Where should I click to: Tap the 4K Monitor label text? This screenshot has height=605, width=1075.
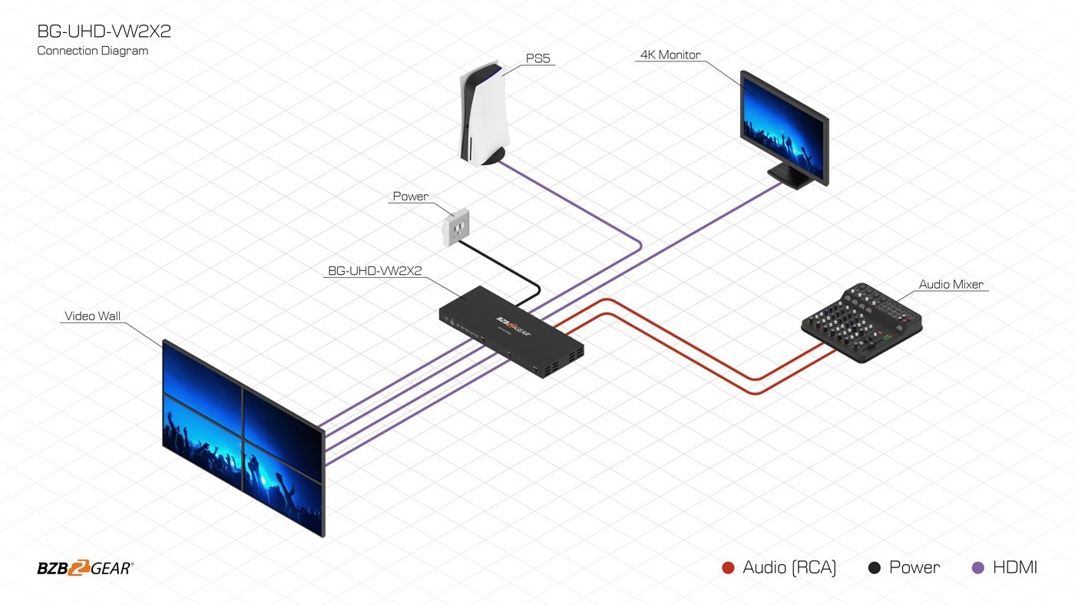pos(670,55)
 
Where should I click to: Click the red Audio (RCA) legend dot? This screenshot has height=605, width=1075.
pos(729,568)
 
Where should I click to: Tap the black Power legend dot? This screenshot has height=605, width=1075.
pos(874,568)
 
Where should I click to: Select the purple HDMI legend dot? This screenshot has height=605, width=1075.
pos(977,568)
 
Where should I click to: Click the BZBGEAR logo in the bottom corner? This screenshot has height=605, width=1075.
pos(84,568)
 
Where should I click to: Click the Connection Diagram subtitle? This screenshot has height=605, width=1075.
pos(92,51)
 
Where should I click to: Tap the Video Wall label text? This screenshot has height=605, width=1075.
pos(92,316)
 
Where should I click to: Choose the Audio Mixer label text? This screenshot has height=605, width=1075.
pos(951,285)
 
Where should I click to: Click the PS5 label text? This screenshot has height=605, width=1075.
pos(537,59)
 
